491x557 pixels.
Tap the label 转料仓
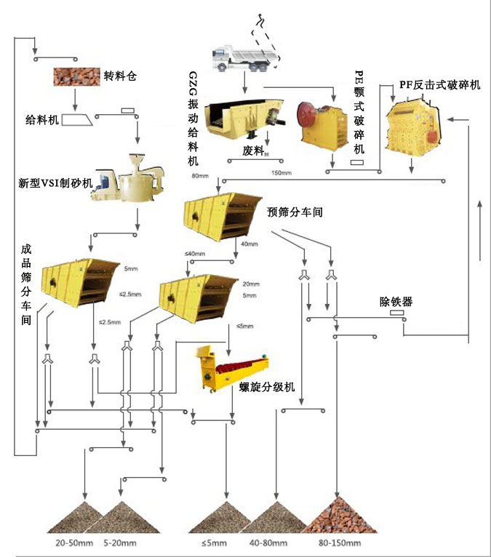point(120,76)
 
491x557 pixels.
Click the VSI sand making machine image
point(131,179)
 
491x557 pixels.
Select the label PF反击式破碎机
point(439,85)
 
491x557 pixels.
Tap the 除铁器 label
point(396,301)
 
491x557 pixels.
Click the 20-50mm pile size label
point(73,543)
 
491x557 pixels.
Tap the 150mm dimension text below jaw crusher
point(281,173)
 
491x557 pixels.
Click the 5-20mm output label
point(120,543)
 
